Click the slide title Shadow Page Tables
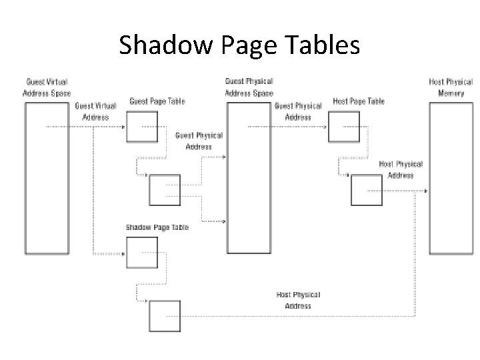tap(239, 45)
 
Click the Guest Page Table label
tap(157, 101)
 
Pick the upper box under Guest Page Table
tap(142, 127)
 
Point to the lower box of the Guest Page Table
tap(164, 190)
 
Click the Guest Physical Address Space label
tap(249, 87)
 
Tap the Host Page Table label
tap(359, 101)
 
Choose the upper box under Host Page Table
tap(344, 127)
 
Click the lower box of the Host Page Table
tap(366, 190)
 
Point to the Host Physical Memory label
tap(451, 87)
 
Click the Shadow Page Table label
tap(157, 227)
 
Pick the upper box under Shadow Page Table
tap(142, 253)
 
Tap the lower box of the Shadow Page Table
tap(164, 316)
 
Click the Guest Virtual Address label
tap(95, 111)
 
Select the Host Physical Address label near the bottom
tap(298, 300)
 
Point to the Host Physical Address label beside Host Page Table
tap(401, 169)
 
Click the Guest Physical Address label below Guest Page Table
tap(199, 141)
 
